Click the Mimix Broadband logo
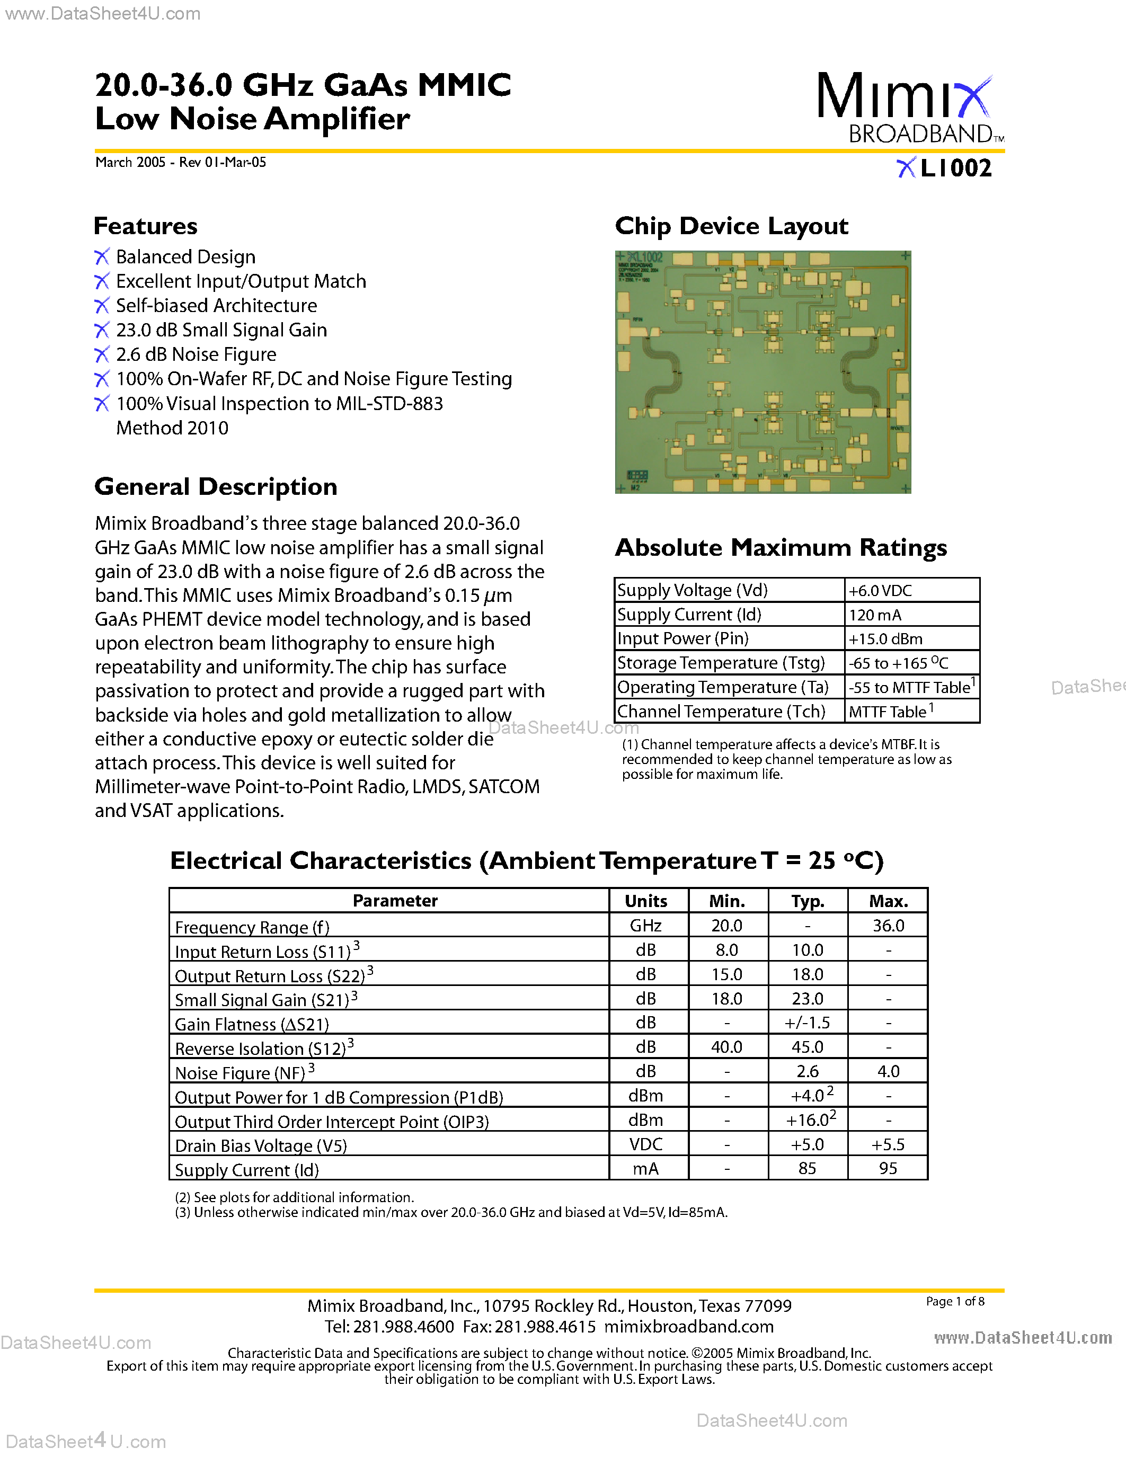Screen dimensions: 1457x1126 (x=909, y=108)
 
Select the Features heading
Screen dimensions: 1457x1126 (x=145, y=226)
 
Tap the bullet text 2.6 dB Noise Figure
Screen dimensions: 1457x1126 (x=196, y=354)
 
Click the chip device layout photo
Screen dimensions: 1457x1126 (x=763, y=372)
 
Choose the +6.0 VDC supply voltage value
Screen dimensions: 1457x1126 (x=880, y=590)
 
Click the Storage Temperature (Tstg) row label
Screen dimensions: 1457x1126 (x=721, y=663)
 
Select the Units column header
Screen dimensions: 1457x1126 (x=646, y=901)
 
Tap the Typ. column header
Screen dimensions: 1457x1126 (x=807, y=901)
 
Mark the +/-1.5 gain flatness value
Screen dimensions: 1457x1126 (x=807, y=1023)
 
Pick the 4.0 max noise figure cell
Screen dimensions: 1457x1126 (x=888, y=1071)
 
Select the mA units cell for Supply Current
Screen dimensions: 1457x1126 (x=646, y=1169)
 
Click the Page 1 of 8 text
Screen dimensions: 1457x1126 (x=954, y=1301)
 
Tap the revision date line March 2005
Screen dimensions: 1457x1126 (x=181, y=162)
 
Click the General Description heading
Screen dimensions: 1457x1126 (x=216, y=487)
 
